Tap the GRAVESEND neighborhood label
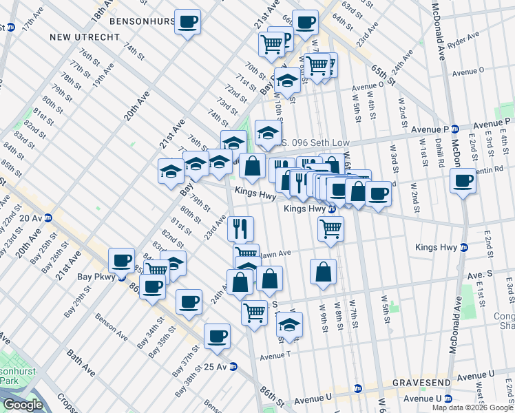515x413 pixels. [421, 382]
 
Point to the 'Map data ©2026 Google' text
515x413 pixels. [472, 407]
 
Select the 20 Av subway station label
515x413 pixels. [31, 218]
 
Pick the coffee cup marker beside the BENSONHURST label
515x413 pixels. [187, 22]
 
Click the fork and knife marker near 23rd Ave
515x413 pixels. [240, 228]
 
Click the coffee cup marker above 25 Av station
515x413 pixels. [218, 336]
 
